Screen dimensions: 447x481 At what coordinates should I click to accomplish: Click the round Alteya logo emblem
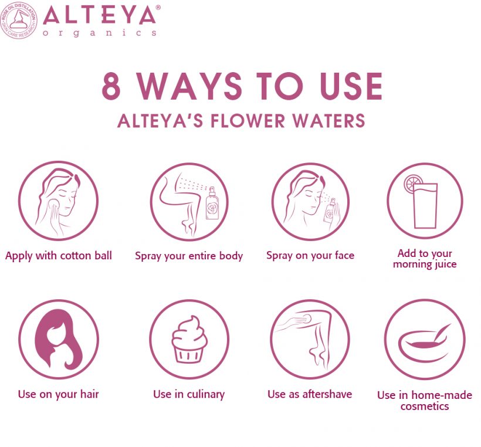click(19, 20)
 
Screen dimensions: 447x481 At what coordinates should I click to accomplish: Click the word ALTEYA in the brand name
click(100, 15)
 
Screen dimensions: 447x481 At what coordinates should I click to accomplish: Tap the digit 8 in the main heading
click(112, 86)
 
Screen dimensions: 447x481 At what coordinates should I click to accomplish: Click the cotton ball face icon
click(57, 201)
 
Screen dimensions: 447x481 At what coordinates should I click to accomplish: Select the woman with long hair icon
click(57, 339)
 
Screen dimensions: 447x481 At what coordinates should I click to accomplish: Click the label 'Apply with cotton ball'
click(59, 255)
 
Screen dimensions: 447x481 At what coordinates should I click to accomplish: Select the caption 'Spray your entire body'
click(189, 256)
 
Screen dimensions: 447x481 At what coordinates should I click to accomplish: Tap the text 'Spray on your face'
click(310, 255)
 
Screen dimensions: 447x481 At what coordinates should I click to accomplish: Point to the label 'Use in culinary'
click(189, 394)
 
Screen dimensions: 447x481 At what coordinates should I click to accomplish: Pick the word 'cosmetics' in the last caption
click(425, 406)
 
